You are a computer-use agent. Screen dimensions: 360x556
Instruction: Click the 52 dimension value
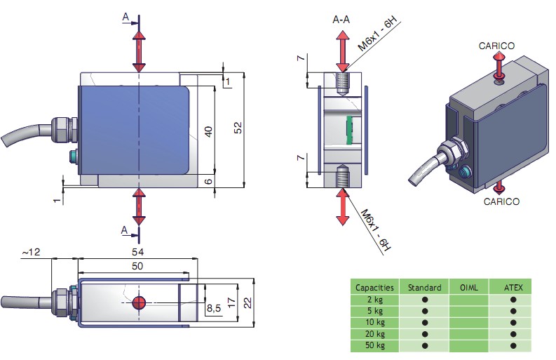click(x=238, y=128)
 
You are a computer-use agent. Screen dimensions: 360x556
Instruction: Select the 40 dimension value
click(x=208, y=131)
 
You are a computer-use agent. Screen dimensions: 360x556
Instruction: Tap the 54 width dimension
click(x=138, y=251)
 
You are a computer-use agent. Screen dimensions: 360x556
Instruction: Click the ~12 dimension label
click(x=32, y=251)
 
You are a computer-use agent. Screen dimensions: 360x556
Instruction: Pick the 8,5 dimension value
click(x=212, y=307)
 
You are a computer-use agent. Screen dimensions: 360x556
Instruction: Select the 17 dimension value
click(x=232, y=303)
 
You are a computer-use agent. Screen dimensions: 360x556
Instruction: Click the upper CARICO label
click(x=496, y=46)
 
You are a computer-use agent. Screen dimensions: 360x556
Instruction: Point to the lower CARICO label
click(x=501, y=201)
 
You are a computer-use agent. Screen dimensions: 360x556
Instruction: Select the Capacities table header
click(x=374, y=287)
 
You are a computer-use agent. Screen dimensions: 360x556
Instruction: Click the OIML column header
click(x=469, y=287)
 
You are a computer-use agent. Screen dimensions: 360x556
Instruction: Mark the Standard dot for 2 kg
click(x=424, y=299)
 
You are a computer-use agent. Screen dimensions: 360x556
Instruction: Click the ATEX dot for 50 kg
click(x=513, y=345)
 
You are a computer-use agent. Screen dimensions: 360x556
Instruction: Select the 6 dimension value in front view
click(x=208, y=181)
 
